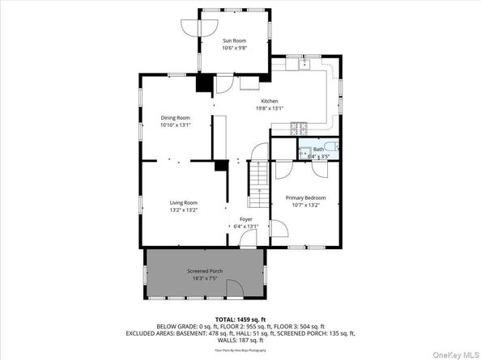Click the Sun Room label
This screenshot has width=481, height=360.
(234, 40)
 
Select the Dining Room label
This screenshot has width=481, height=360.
(174, 118)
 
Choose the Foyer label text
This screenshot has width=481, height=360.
(245, 219)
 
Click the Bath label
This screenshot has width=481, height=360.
(319, 150)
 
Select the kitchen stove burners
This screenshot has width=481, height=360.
(298, 126)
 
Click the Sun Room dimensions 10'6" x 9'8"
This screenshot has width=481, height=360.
(234, 48)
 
